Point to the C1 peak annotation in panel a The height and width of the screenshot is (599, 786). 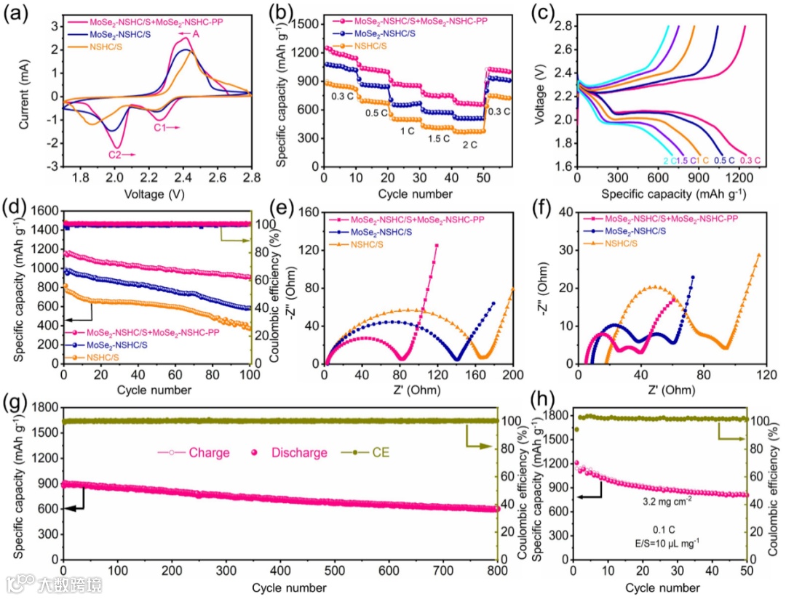click(x=161, y=127)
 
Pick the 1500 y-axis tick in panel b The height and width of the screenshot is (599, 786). click(x=308, y=24)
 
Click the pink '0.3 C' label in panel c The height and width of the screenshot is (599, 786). click(x=750, y=161)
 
